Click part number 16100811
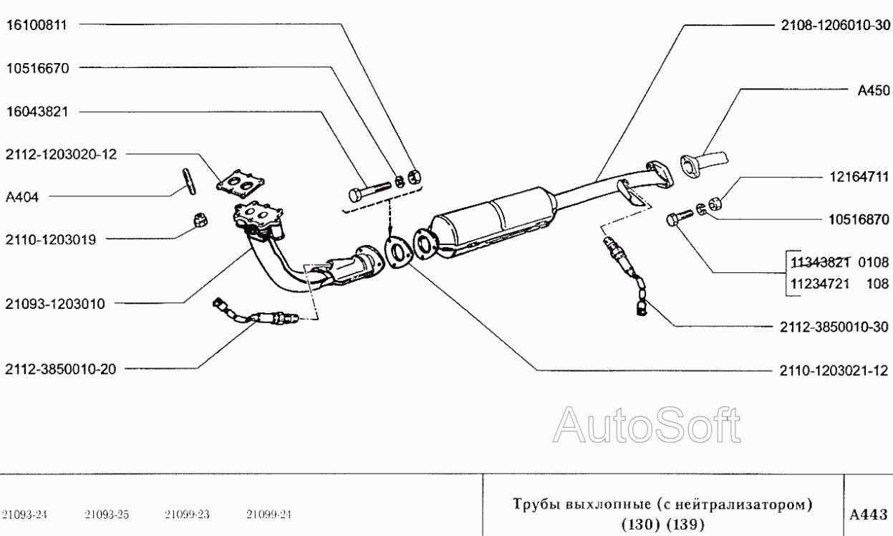pos(37,25)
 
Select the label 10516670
pos(37,68)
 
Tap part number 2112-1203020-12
pos(61,154)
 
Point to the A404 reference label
pos(22,197)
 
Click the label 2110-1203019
pos(51,239)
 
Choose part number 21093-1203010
pos(55,304)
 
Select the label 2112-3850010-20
pos(61,369)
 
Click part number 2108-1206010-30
pos(835,26)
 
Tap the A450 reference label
pos(874,90)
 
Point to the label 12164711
pos(859,177)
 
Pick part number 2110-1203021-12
pos(834,371)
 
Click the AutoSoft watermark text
pos(647,425)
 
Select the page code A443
pos(868,515)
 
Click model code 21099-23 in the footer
pos(187,515)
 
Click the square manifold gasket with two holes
pos(241,183)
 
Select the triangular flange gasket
pos(398,252)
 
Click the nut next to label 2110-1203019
pos(201,220)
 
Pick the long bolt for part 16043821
pos(370,192)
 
